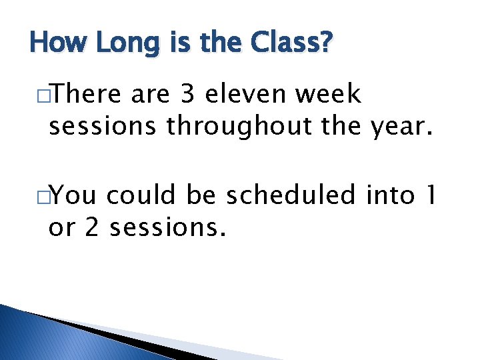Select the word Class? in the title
click(x=291, y=44)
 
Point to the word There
click(x=89, y=95)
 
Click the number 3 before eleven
click(x=187, y=95)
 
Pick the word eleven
click(x=247, y=95)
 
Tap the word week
click(x=329, y=95)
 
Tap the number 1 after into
click(x=431, y=197)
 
